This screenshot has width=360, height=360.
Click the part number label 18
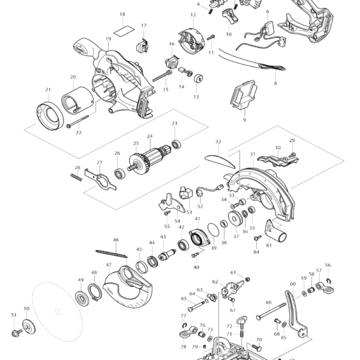(122, 14)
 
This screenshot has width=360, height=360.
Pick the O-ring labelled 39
(214, 229)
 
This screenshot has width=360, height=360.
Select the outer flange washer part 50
(27, 328)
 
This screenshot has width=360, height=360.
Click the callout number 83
(269, 245)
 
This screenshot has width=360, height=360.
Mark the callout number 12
(193, 14)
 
